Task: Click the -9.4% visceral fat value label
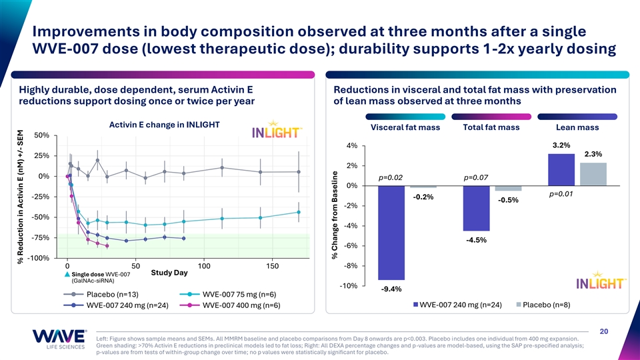click(x=391, y=289)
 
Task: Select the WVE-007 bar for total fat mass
click(x=477, y=208)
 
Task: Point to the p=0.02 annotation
click(x=391, y=177)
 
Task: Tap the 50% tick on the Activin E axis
click(x=40, y=135)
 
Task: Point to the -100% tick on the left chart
click(x=37, y=258)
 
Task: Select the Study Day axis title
click(x=170, y=273)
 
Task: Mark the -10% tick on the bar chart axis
click(x=349, y=285)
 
